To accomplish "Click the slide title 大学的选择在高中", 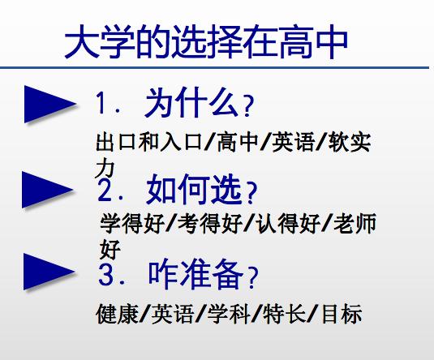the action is [x=206, y=42].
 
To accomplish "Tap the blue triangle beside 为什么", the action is [x=49, y=104].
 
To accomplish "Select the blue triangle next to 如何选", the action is [x=47, y=190].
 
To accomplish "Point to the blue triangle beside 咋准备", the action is [x=49, y=272].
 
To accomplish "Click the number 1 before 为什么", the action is [x=101, y=103].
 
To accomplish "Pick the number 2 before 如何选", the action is [x=105, y=190].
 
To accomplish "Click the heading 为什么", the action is [x=191, y=103].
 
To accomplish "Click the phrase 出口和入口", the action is [x=148, y=142].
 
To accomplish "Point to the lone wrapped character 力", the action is [x=105, y=169].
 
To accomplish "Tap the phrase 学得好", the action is [x=132, y=223].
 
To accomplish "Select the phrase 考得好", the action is [x=210, y=223].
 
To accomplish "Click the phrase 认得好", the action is [x=288, y=223].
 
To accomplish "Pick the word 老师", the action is [x=355, y=223].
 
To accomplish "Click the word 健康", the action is [x=117, y=314].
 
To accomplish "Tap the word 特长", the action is [x=284, y=314].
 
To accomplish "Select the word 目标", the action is [x=342, y=314].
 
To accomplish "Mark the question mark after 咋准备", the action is [x=253, y=277].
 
